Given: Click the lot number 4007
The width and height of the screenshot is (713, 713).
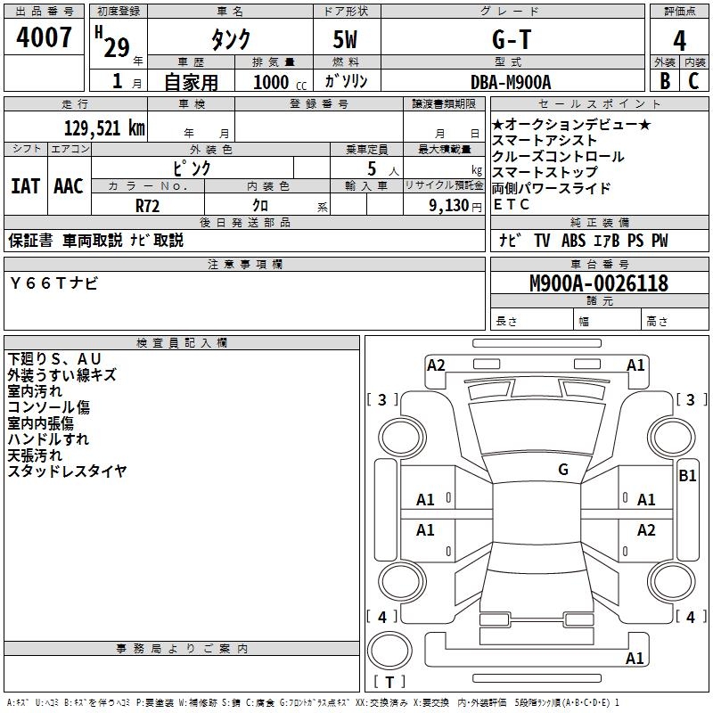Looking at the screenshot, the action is click(x=45, y=38).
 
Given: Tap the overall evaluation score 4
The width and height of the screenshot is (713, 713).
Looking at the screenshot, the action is click(x=679, y=40).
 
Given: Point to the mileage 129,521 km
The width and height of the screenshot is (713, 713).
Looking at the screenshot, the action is click(x=104, y=127).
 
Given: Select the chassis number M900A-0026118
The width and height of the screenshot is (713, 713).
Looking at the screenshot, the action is click(x=598, y=284).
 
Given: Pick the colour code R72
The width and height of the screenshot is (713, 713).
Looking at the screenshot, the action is click(x=148, y=205).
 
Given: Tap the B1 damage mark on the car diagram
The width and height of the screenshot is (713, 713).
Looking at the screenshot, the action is click(x=687, y=476).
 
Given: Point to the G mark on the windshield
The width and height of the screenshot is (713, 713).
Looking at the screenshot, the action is click(x=563, y=470).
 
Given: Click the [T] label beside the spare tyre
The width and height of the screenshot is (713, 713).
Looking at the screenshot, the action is click(x=394, y=682).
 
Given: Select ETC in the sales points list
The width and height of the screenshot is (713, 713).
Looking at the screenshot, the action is click(x=512, y=205).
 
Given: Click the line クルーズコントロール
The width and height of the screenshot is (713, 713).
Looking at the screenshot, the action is click(x=558, y=157).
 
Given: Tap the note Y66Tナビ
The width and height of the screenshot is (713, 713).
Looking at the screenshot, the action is click(x=54, y=283).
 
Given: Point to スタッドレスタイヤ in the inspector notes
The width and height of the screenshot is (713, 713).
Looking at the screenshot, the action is click(x=68, y=471).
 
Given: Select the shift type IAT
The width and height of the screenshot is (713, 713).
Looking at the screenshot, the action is click(x=25, y=186).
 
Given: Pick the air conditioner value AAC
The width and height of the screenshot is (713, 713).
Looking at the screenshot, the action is click(x=69, y=186).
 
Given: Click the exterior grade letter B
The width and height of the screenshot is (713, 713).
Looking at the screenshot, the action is click(x=664, y=81).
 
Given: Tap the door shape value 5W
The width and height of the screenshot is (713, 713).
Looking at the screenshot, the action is click(x=346, y=40).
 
